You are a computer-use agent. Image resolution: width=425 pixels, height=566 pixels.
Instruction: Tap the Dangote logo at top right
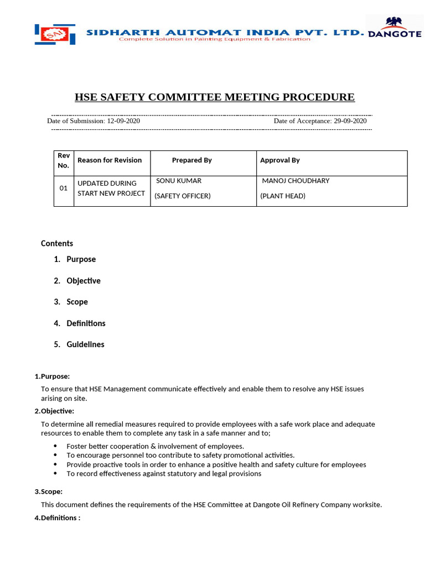pyautogui.click(x=395, y=28)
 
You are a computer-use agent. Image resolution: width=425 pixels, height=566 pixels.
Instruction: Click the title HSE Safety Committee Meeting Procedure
pyautogui.click(x=215, y=97)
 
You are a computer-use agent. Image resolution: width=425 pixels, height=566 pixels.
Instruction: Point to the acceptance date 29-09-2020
pyautogui.click(x=350, y=120)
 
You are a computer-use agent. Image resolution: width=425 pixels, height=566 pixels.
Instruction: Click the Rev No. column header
pyautogui.click(x=63, y=160)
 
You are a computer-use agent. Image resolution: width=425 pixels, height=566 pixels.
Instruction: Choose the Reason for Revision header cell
pyautogui.click(x=110, y=160)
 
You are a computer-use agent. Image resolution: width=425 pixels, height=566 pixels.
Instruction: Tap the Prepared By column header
pyautogui.click(x=191, y=160)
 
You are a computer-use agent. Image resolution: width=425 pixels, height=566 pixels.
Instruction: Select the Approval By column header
pyautogui.click(x=280, y=160)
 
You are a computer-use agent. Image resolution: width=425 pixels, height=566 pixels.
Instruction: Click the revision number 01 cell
pyautogui.click(x=64, y=188)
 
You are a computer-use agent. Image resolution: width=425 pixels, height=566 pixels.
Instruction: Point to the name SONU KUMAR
pyautogui.click(x=179, y=181)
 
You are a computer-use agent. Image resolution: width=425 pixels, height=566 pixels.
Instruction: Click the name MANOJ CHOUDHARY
pyautogui.click(x=296, y=181)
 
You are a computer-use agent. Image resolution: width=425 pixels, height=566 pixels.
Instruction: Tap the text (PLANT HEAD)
pyautogui.click(x=283, y=196)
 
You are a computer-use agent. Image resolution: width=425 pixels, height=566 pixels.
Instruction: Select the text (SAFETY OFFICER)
pyautogui.click(x=182, y=196)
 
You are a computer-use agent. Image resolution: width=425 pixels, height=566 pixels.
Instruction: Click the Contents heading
pyautogui.click(x=57, y=243)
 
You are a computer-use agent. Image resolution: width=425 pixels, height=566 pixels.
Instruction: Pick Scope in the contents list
pyautogui.click(x=77, y=302)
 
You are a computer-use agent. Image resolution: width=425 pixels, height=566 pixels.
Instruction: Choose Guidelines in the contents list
pyautogui.click(x=85, y=344)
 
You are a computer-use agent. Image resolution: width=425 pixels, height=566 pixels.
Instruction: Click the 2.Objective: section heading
pyautogui.click(x=54, y=411)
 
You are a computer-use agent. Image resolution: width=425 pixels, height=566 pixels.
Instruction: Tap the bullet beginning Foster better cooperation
pyautogui.click(x=155, y=446)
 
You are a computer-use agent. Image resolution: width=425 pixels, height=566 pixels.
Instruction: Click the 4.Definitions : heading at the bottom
pyautogui.click(x=58, y=518)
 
